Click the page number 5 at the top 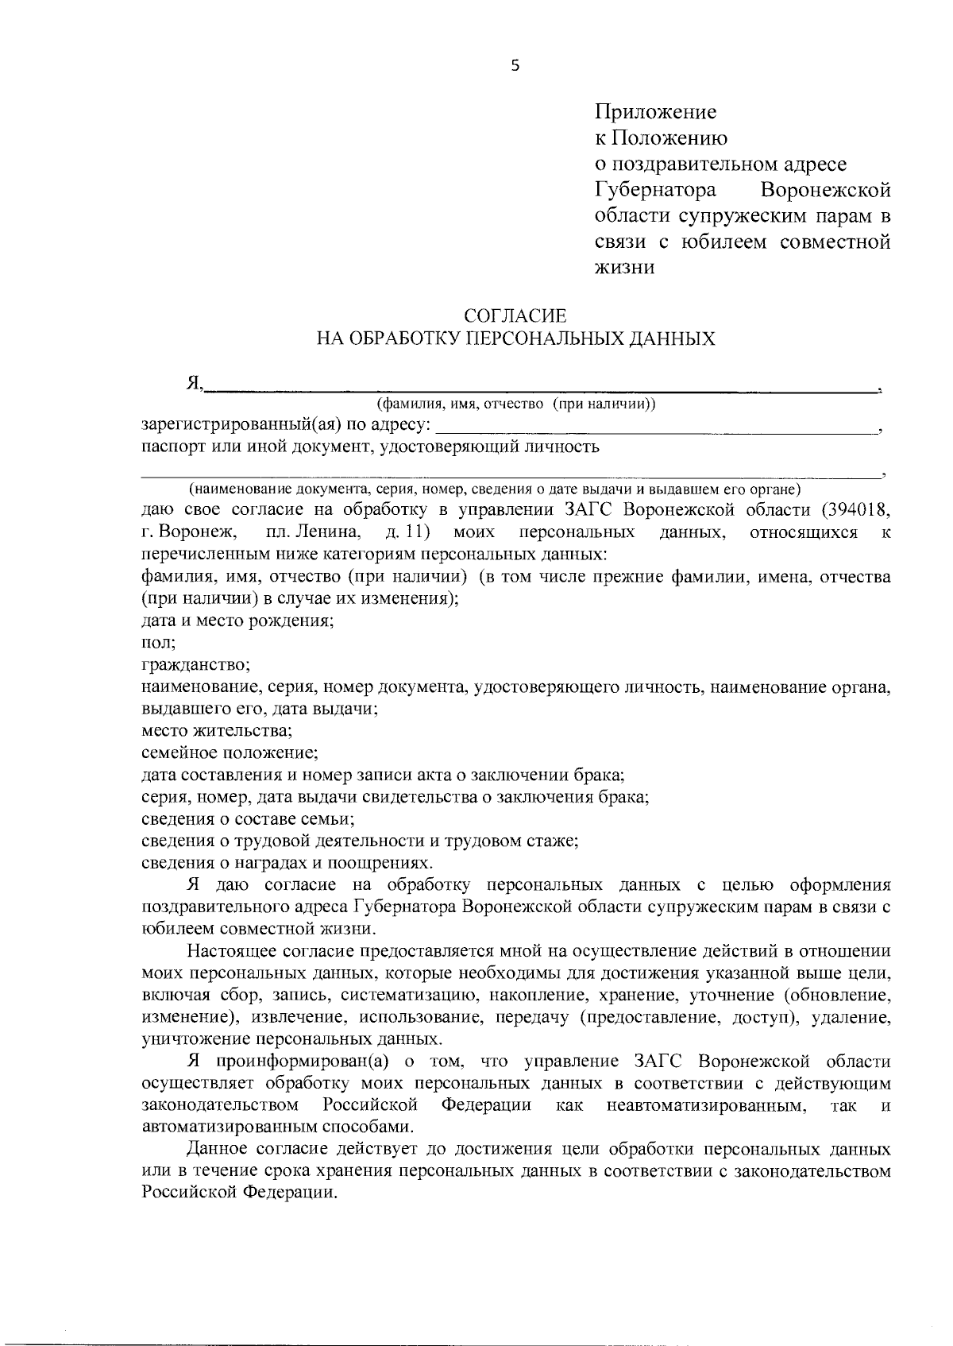tap(515, 67)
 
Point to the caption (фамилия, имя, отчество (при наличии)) tap(516, 404)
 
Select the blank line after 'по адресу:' tap(651, 430)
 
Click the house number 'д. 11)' tap(407, 532)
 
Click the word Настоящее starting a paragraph tap(230, 951)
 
